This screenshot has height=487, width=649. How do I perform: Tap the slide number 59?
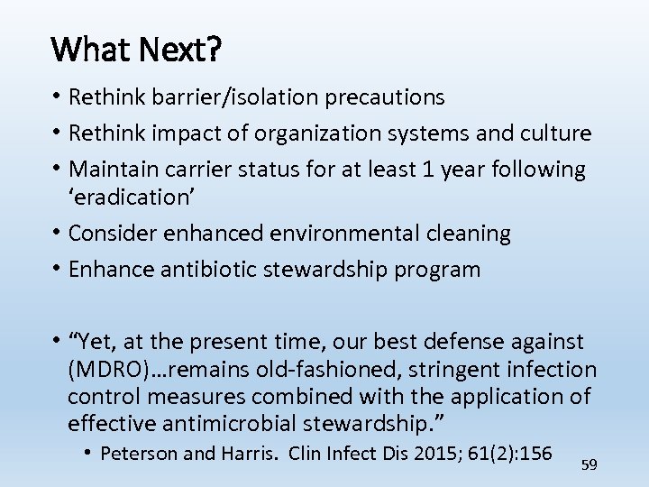point(590,464)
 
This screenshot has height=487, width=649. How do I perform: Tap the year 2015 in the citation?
point(445,453)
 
